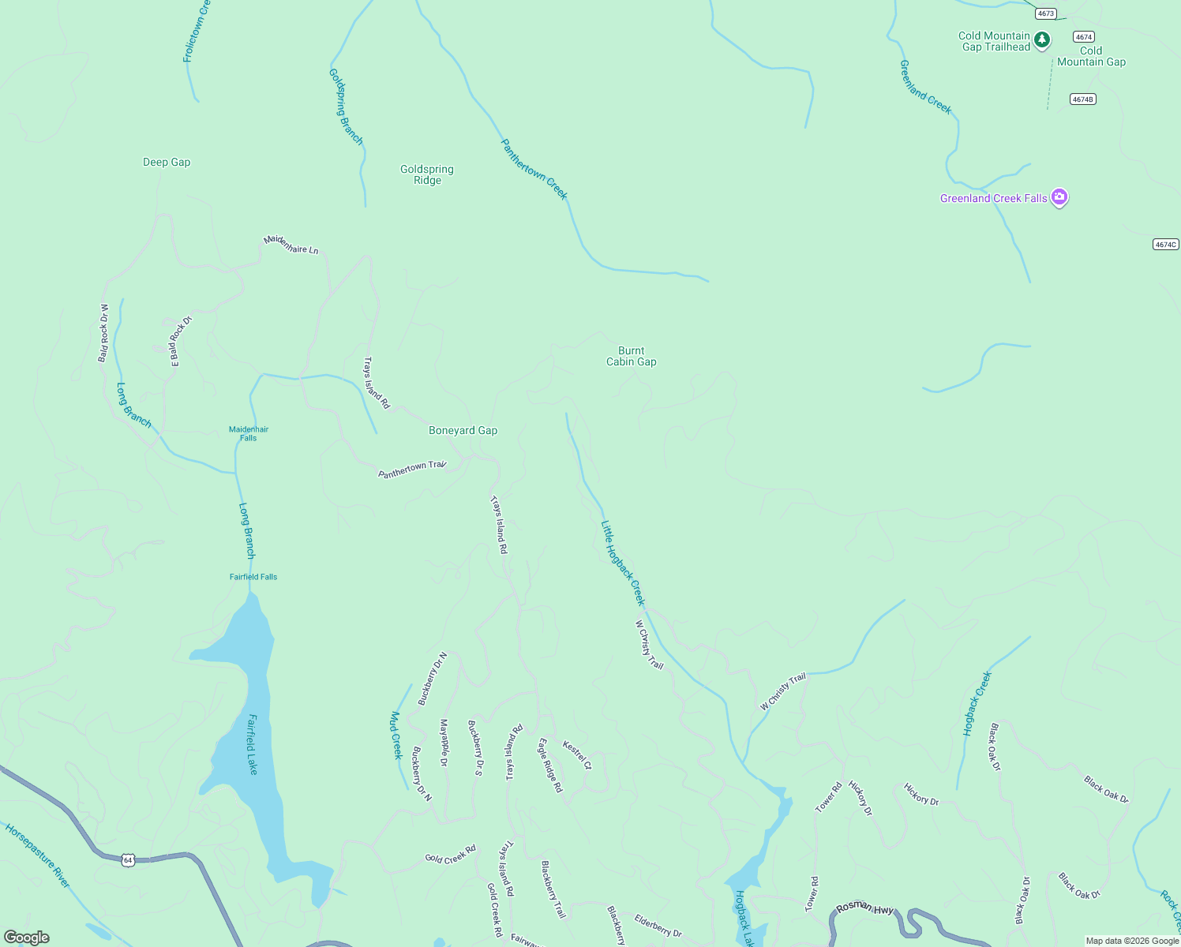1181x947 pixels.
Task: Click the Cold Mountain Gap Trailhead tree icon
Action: [1042, 39]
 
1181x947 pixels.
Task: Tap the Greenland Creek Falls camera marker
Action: [1059, 197]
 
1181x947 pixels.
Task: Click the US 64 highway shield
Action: [127, 860]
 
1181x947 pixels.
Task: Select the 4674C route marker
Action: [1165, 245]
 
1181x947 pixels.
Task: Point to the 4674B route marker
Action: [1083, 99]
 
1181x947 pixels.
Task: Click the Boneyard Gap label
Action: [463, 431]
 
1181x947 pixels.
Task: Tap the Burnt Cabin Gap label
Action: [631, 357]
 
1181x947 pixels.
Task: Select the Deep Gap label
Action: [167, 163]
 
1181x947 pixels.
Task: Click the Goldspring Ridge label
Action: [427, 174]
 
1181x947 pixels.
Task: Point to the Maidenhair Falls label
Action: [249, 433]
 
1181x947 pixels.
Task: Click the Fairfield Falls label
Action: [253, 577]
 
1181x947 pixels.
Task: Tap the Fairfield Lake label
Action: [253, 744]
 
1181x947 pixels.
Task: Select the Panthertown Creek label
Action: [534, 170]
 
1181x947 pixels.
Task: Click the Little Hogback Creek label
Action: [623, 563]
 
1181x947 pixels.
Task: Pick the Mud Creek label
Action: [396, 735]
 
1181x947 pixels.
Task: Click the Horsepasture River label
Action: [37, 855]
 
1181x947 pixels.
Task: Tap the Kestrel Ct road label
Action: [576, 754]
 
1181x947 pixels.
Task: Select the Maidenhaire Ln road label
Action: [291, 245]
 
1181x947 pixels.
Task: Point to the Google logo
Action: [27, 938]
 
